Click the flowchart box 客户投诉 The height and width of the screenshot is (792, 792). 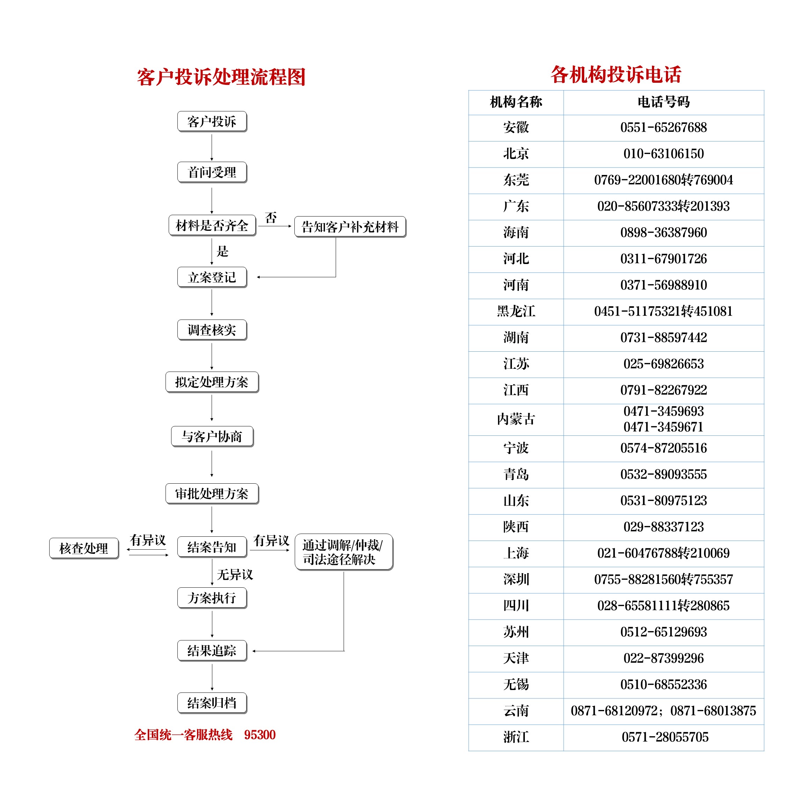pos(212,121)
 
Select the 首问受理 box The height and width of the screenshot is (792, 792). pos(212,172)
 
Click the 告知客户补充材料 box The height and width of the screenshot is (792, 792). pos(350,227)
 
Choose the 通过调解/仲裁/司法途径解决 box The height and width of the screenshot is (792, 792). pos(344,552)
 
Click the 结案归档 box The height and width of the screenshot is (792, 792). pos(212,703)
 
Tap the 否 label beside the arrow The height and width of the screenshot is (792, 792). pos(271,217)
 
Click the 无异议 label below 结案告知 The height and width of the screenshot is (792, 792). pos(235,574)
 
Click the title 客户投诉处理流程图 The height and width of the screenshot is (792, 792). pos(221,77)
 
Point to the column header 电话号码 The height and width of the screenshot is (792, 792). pos(664,102)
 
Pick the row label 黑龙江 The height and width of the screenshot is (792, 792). pos(516,311)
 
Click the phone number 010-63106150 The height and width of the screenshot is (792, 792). pos(664,154)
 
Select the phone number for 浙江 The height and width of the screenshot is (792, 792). pos(665,737)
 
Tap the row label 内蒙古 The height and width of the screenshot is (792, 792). pos(516,419)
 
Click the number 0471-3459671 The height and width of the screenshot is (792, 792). pos(664,427)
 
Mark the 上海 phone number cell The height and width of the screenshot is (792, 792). pos(664,553)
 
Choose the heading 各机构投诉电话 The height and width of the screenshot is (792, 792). pos(616,75)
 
